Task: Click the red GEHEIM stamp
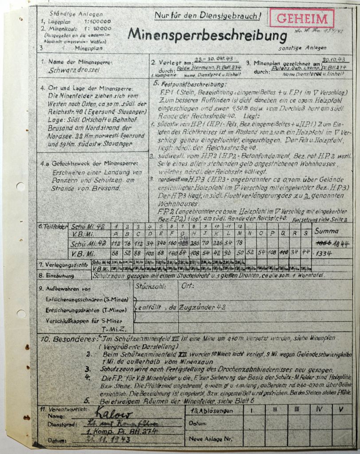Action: [305, 19]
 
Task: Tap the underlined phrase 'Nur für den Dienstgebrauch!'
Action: [207, 16]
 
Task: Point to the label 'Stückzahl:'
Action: [152, 286]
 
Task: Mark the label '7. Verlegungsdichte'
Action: [64, 265]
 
